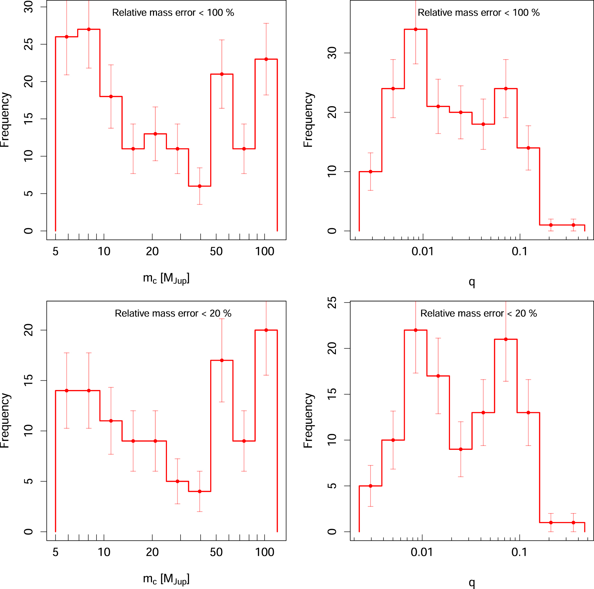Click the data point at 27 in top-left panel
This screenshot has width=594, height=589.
point(89,29)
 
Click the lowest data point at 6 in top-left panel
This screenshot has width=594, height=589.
point(200,186)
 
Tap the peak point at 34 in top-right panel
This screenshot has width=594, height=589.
point(415,29)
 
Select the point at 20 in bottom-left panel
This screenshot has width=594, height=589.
point(266,330)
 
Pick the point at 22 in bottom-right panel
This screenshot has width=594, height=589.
point(415,330)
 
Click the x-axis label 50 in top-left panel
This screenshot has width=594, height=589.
point(216,252)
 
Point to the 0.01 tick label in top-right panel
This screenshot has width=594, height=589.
point(422,252)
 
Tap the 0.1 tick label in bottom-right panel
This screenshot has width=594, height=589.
point(519,552)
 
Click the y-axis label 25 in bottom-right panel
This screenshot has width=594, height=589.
point(332,302)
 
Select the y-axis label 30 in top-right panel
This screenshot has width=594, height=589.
point(332,53)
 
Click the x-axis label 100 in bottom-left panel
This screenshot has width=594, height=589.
point(264,552)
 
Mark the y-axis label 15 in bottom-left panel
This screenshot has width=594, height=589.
point(28,380)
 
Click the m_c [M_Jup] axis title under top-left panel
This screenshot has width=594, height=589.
point(166,278)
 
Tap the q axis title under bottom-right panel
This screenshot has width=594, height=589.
point(472,582)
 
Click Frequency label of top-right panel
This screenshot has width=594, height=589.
point(308,120)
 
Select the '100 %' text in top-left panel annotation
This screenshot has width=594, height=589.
point(221,13)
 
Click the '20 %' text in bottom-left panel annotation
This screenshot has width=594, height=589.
point(221,313)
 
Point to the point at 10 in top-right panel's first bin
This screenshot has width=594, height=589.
point(371,172)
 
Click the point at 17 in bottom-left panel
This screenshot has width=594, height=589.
point(222,360)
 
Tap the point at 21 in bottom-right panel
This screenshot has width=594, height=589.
point(506,339)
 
